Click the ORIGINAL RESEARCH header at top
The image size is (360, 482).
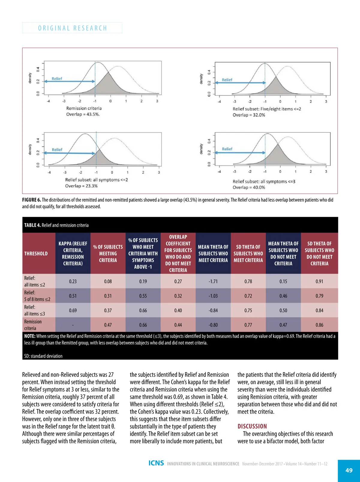point(72,28)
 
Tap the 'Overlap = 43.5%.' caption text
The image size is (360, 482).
point(83,114)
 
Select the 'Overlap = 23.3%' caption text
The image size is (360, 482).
point(81,186)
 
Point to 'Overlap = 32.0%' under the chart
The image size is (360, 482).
point(249,115)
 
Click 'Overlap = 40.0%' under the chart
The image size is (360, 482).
point(249,188)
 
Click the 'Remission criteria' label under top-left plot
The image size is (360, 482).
point(84,108)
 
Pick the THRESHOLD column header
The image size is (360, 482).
point(36,254)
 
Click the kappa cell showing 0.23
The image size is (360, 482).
point(73,282)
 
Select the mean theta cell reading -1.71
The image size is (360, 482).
point(213,282)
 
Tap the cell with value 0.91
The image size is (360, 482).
point(319,282)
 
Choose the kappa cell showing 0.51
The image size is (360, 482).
point(73,296)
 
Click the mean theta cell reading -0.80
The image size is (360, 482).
point(213,325)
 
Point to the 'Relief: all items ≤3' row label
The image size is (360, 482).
point(34,310)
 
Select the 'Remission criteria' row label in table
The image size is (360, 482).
point(33,325)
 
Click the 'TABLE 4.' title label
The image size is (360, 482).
point(32,225)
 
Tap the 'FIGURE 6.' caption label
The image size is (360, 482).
point(31,200)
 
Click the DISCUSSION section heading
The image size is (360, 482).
point(252,426)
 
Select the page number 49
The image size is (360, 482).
point(349,470)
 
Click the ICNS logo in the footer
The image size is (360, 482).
point(156,463)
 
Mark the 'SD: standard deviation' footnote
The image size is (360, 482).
point(43,356)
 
